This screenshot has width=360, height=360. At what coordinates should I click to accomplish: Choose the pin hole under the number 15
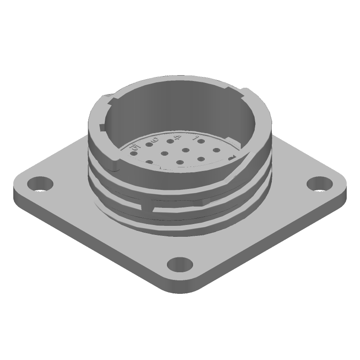tap(134, 154)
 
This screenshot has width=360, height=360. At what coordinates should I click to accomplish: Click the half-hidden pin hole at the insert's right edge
tap(231, 158)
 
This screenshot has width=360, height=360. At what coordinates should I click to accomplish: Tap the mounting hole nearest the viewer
tap(179, 264)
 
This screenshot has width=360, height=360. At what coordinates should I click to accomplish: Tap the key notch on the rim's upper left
tap(109, 97)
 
